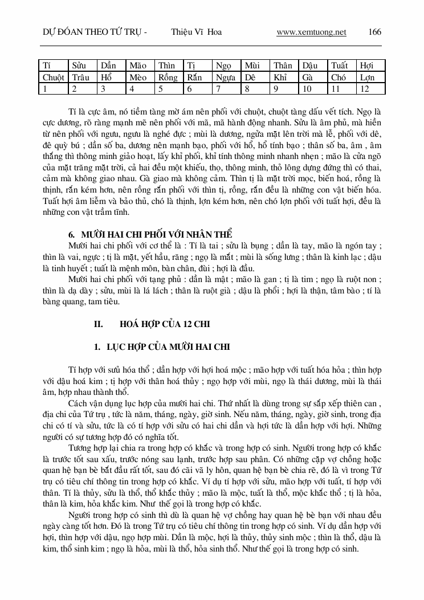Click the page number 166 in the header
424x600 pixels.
tap(375, 32)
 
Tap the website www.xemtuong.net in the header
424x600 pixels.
tap(311, 32)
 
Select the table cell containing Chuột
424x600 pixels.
tap(54, 77)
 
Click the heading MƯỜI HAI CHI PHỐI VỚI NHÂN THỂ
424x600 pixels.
tap(157, 234)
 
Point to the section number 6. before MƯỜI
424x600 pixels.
tap(71, 234)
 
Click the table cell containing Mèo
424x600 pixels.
tap(138, 77)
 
